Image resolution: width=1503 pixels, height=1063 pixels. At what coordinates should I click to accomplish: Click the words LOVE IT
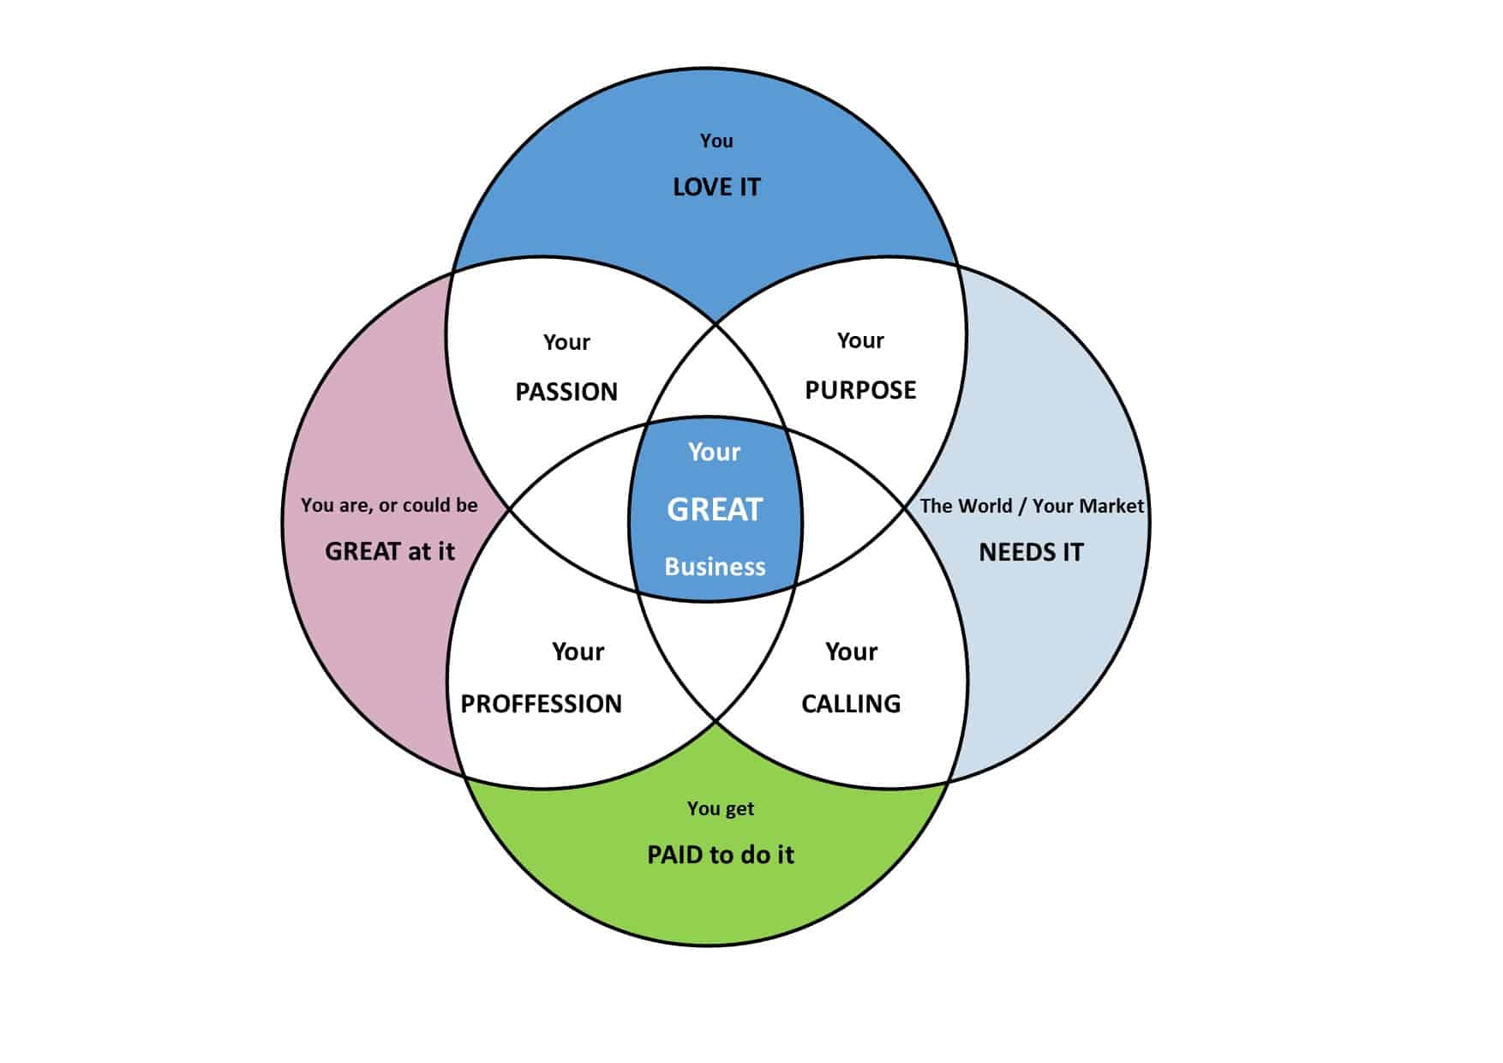[x=716, y=187]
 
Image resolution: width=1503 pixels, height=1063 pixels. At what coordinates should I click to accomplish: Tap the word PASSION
[x=566, y=392]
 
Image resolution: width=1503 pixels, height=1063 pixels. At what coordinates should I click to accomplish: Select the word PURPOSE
[x=860, y=390]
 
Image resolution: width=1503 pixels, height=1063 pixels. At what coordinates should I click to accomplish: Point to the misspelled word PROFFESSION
[x=541, y=704]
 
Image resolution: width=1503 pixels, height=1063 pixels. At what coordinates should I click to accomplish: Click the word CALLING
[x=851, y=704]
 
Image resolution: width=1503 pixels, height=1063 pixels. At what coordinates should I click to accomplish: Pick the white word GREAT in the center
[x=715, y=510]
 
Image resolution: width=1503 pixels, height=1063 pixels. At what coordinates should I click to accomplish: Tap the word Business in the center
[x=715, y=567]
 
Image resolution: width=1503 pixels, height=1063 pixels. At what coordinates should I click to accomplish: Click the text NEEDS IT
[x=1031, y=552]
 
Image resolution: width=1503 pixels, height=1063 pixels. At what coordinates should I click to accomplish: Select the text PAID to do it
[x=720, y=855]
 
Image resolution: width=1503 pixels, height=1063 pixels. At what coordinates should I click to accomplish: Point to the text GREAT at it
[x=389, y=551]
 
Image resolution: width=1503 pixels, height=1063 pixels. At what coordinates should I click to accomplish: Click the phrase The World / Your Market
[x=1031, y=506]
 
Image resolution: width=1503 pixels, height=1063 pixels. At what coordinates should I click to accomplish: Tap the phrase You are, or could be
[x=389, y=505]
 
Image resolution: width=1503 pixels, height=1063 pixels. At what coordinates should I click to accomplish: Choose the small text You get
[x=721, y=808]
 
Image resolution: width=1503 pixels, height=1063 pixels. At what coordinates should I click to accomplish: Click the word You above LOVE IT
[x=716, y=141]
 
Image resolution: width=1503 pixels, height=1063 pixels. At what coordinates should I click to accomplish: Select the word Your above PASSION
[x=566, y=342]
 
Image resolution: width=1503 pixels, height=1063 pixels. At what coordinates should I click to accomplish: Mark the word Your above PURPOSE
[x=860, y=340]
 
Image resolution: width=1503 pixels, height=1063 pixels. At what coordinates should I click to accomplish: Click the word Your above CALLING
[x=851, y=652]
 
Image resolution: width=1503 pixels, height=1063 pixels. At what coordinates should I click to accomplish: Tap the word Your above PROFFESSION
[x=578, y=652]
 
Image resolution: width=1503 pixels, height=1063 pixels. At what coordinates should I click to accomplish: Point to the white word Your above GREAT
[x=714, y=452]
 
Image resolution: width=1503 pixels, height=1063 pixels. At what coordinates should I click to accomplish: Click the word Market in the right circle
[x=1112, y=506]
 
